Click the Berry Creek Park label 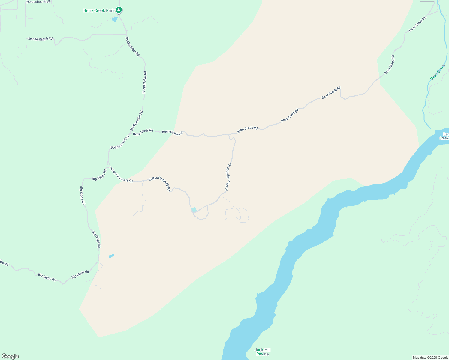[99, 11]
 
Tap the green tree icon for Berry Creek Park [119, 10]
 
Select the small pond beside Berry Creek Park [114, 19]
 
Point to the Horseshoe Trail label [38, 2]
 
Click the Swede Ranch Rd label [40, 39]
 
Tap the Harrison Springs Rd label [228, 177]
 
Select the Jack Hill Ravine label [263, 352]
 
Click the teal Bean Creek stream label [438, 73]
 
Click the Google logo [10, 356]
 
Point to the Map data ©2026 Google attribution [430, 358]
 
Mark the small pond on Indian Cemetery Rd [194, 210]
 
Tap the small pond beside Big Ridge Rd [111, 256]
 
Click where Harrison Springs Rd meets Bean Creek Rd [229, 135]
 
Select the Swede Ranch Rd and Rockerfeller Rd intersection [126, 34]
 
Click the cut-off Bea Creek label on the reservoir [444, 136]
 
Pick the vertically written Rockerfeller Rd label [145, 82]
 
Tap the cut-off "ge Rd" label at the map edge [4, 263]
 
